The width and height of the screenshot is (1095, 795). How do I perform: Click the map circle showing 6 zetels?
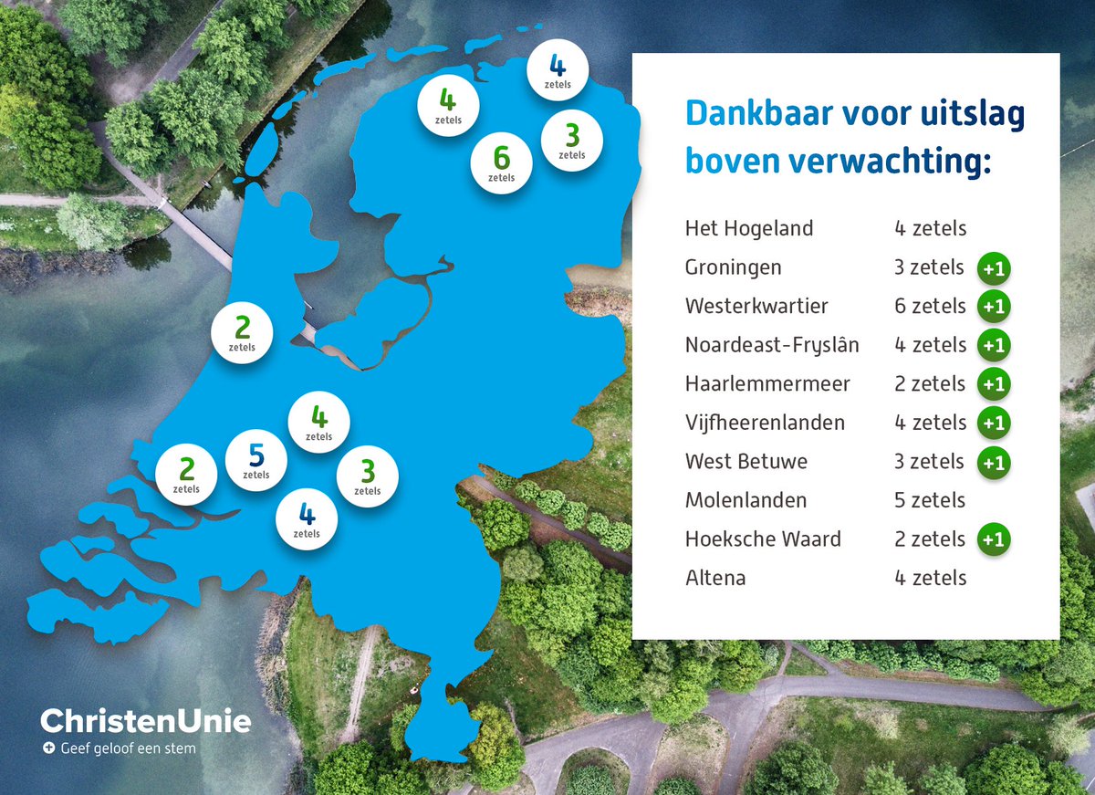(501, 162)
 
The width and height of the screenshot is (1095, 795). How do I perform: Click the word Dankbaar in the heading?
(758, 114)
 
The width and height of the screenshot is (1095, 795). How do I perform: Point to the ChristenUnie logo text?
(145, 721)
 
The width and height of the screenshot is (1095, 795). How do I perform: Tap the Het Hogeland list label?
(748, 228)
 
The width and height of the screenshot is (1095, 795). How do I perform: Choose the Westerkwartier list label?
(756, 306)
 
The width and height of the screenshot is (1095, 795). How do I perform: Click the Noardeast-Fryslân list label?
(772, 345)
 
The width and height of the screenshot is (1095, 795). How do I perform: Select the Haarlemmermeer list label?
(767, 384)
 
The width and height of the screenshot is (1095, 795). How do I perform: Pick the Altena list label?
(714, 578)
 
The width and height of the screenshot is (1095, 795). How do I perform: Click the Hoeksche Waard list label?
(763, 539)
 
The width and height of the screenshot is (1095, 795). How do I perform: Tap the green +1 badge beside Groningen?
(994, 268)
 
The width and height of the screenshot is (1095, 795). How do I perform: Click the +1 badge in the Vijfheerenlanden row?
(994, 424)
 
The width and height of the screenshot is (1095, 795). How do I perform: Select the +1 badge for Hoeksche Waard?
(994, 539)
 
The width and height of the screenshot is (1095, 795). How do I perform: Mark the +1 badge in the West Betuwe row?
(994, 463)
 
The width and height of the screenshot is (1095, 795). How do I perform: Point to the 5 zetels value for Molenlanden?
(930, 500)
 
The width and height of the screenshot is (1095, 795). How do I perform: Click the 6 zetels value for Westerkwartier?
(930, 306)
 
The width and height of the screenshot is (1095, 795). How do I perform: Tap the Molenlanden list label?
(746, 500)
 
